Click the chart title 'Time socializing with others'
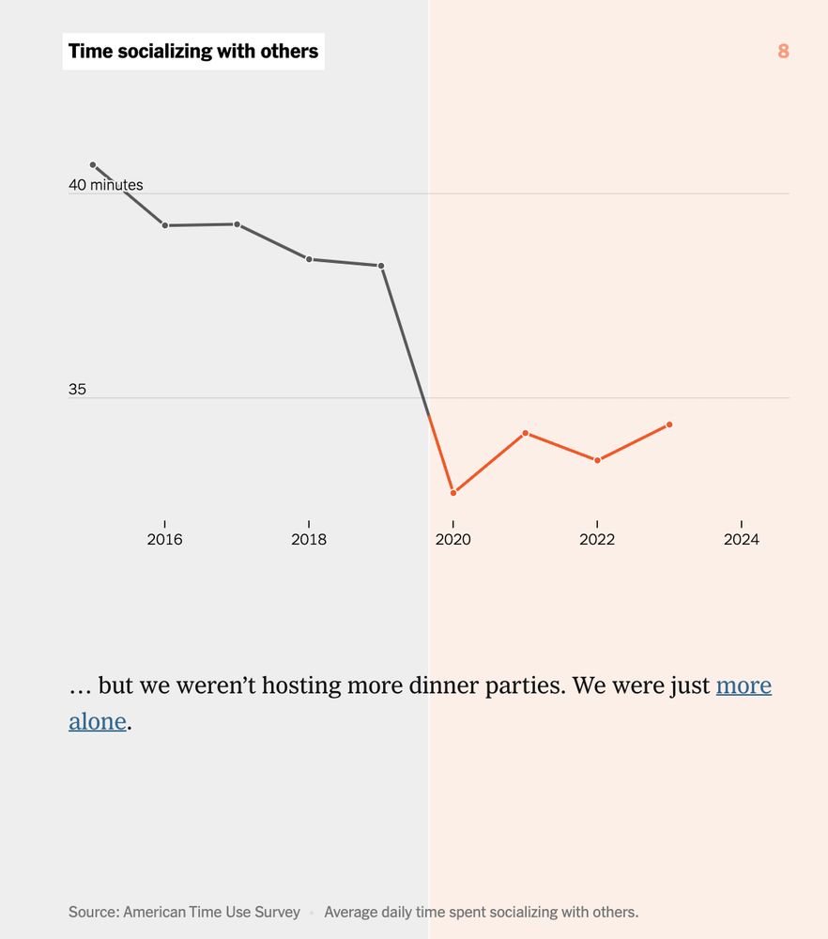click(193, 52)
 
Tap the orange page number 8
click(783, 52)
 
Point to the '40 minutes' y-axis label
click(106, 185)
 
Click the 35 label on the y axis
click(77, 389)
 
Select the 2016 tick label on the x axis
click(165, 540)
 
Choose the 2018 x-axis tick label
click(309, 540)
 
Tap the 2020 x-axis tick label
click(453, 540)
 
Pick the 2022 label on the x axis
click(597, 540)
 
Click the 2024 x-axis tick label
click(742, 540)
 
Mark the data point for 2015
click(93, 165)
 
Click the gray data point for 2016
click(165, 225)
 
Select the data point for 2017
click(238, 224)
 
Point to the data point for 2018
click(309, 259)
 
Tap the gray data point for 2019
click(381, 266)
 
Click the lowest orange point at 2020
click(453, 493)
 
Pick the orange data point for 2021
click(526, 433)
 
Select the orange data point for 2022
click(597, 460)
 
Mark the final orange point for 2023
click(669, 424)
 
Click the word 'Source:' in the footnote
click(93, 912)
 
